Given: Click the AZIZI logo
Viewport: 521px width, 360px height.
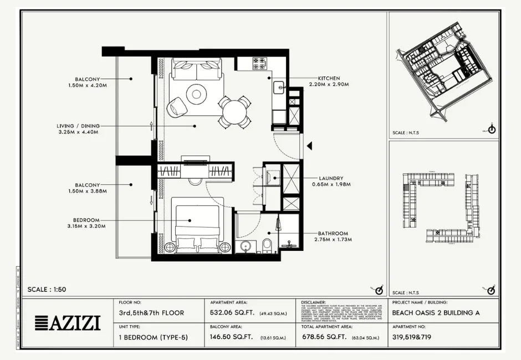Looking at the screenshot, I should pos(68,323).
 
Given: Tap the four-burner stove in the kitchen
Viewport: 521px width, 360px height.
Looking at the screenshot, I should pos(259,64).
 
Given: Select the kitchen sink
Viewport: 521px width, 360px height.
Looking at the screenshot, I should pos(278,86).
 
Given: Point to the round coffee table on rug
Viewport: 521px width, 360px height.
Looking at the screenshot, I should pos(196,94).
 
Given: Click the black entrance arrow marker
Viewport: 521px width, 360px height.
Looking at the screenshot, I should pos(310,146).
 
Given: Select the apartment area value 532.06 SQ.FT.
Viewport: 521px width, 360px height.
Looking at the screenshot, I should pos(232,313).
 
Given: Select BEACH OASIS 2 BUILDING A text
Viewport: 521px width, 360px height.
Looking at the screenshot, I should pos(436,313).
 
